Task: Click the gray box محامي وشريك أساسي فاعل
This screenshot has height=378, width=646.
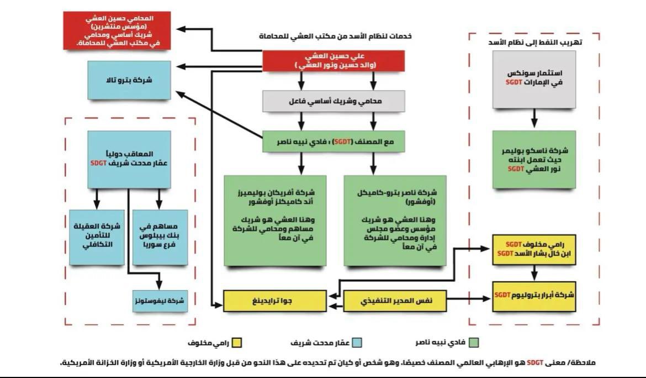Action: [336, 102]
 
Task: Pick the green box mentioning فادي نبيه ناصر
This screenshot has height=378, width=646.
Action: [336, 141]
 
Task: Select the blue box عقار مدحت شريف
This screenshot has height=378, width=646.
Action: [128, 158]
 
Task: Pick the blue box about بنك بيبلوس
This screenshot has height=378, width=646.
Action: [159, 238]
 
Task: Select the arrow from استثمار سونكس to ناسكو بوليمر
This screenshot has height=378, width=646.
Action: [533, 117]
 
